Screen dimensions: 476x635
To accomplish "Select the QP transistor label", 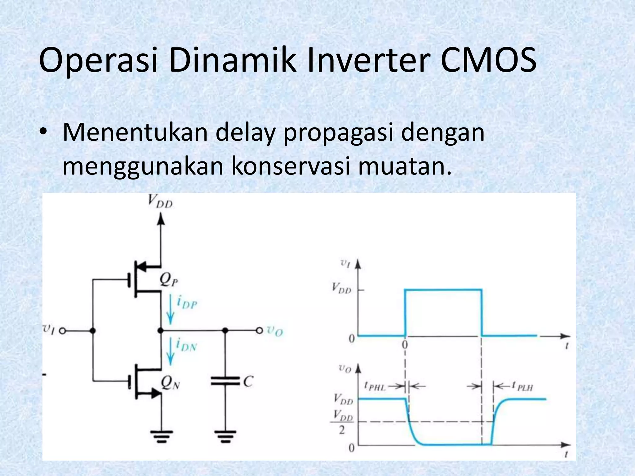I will pyautogui.click(x=168, y=280).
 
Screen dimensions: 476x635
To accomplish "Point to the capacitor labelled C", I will pyautogui.click(x=225, y=381).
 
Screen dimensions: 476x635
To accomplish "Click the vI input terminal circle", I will pyautogui.click(x=62, y=331).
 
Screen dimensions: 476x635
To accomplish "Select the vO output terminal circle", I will pyautogui.click(x=259, y=331).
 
